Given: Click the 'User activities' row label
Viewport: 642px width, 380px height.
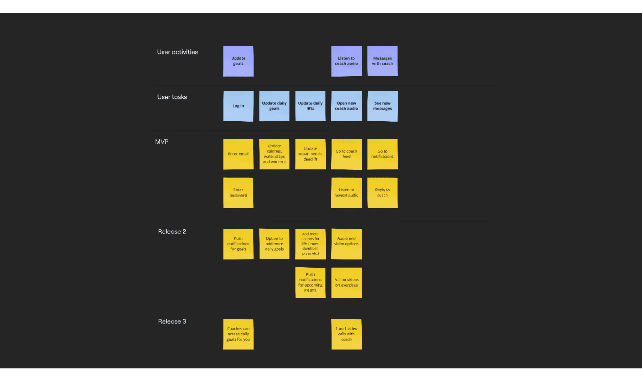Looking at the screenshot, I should (x=177, y=52).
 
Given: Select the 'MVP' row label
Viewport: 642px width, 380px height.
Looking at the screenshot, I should (x=162, y=142).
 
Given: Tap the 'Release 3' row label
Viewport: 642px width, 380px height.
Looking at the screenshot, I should (x=172, y=321).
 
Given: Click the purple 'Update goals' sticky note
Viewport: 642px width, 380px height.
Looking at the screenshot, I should (x=238, y=61).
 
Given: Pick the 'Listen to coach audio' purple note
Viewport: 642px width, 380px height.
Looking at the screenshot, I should (x=346, y=61).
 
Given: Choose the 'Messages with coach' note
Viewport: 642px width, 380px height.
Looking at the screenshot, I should (x=382, y=61).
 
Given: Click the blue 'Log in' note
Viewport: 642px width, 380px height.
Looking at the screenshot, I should (x=238, y=106).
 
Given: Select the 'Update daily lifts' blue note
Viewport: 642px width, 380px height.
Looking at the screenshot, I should (x=310, y=106).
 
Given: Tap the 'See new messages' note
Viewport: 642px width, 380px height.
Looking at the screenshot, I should (x=382, y=106).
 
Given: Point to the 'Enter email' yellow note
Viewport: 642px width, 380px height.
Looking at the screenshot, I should (x=238, y=154).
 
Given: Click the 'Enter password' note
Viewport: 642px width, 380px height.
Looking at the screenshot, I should (x=238, y=193).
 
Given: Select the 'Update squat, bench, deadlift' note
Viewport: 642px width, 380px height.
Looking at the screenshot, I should (x=310, y=154).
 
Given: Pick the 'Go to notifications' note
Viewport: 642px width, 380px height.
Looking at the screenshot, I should (x=382, y=154).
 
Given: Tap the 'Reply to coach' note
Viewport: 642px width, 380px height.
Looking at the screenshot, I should (x=382, y=193).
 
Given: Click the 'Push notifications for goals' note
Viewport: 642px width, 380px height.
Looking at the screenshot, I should (x=238, y=244).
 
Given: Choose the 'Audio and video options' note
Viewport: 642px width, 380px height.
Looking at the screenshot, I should (x=346, y=244).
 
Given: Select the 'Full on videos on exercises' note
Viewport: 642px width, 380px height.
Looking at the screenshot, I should (x=346, y=283).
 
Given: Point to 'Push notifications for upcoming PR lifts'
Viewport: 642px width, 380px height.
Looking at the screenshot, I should (x=310, y=283).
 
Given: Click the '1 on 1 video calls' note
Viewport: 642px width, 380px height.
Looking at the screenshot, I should (x=346, y=334).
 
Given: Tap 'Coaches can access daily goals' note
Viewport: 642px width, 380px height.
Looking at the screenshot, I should (x=238, y=334).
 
